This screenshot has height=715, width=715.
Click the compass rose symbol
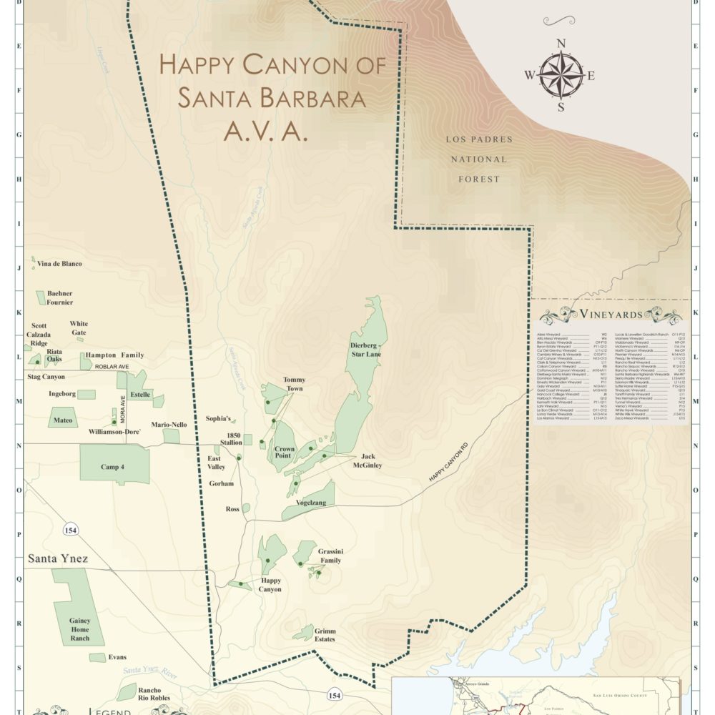[x=561, y=76]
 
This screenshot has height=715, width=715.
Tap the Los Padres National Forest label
[x=479, y=159]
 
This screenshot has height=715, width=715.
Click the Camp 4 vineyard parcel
[x=114, y=465]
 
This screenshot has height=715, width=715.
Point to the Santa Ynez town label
[x=58, y=558]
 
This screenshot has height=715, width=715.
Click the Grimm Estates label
[x=320, y=635]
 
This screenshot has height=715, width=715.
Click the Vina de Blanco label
[x=60, y=264]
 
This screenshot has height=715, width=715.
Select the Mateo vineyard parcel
[x=63, y=420]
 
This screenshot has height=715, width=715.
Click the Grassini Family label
[x=330, y=556]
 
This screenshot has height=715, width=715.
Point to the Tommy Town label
[x=294, y=384]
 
